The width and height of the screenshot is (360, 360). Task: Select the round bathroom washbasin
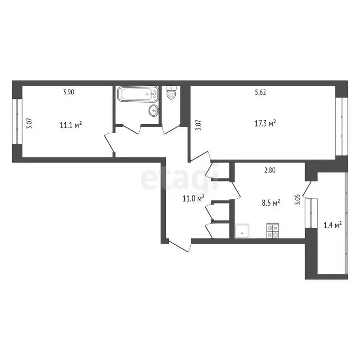pyautogui.click(x=153, y=111)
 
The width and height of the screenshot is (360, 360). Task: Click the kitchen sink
pyautogui.click(x=242, y=230)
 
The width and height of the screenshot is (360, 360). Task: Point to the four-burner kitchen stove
pyautogui.click(x=272, y=230)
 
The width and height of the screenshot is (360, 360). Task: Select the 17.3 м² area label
pyautogui.click(x=265, y=123)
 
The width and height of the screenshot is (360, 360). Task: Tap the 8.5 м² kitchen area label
pyautogui.click(x=270, y=202)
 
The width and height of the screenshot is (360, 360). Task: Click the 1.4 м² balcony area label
pyautogui.click(x=332, y=225)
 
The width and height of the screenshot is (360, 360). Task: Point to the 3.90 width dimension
pyautogui.click(x=69, y=92)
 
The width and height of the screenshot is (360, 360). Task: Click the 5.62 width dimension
pyautogui.click(x=260, y=92)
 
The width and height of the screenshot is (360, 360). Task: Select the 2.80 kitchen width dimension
pyautogui.click(x=270, y=171)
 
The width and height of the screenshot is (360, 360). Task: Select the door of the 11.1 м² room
pyautogui.click(x=109, y=143)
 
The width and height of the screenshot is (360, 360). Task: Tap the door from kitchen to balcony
pyautogui.click(x=308, y=188)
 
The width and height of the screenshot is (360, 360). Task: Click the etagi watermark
pyautogui.click(x=180, y=180)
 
